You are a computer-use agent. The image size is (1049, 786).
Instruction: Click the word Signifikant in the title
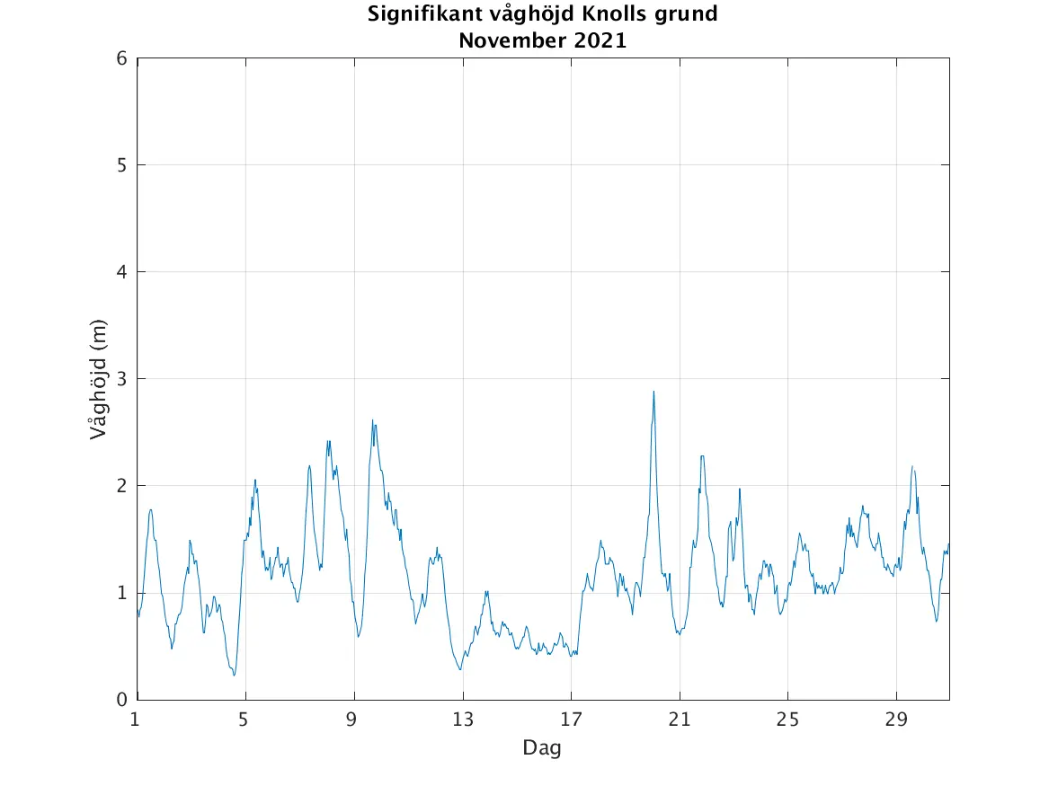421,15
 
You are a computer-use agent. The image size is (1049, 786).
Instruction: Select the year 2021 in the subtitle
596,40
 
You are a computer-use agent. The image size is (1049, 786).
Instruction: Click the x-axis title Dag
542,747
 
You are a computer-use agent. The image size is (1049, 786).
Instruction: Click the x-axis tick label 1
135,719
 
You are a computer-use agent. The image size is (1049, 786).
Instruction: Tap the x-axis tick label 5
244,719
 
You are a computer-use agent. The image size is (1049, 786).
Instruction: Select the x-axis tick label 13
462,719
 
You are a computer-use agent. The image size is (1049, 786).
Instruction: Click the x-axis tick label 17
571,719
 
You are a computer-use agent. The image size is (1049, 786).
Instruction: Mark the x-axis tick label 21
680,719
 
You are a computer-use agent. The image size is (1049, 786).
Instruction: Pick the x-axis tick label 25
787,719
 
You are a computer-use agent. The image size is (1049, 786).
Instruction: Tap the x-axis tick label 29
896,719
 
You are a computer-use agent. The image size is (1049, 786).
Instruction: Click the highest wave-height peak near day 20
653,392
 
